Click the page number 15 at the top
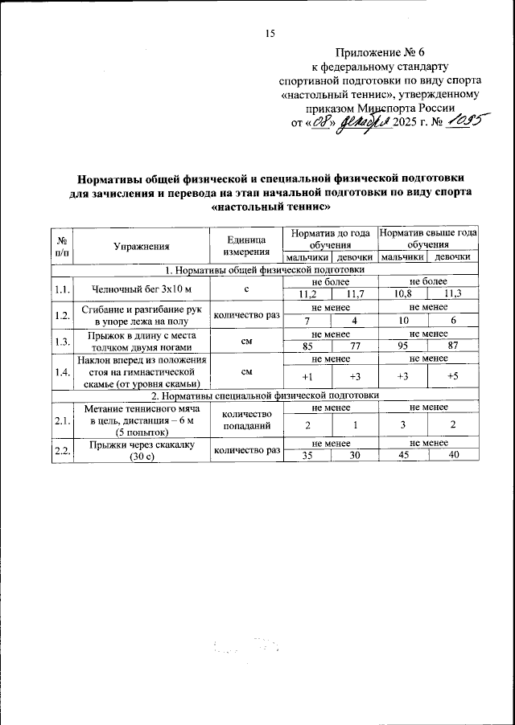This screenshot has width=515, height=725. pyautogui.click(x=270, y=33)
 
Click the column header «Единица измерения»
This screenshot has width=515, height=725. pyautogui.click(x=245, y=244)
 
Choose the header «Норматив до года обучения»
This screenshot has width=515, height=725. pyautogui.click(x=331, y=238)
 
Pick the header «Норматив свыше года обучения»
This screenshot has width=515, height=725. pyautogui.click(x=428, y=238)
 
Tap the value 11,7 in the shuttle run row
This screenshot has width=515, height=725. pyautogui.click(x=355, y=295)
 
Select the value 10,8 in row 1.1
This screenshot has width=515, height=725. pyautogui.click(x=403, y=295)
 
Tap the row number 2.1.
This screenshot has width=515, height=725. pyautogui.click(x=61, y=420)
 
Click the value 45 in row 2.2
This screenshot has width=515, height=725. pyautogui.click(x=403, y=456)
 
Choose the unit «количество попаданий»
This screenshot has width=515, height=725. pyautogui.click(x=245, y=420)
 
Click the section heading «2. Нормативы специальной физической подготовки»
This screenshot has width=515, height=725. pyautogui.click(x=266, y=395)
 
